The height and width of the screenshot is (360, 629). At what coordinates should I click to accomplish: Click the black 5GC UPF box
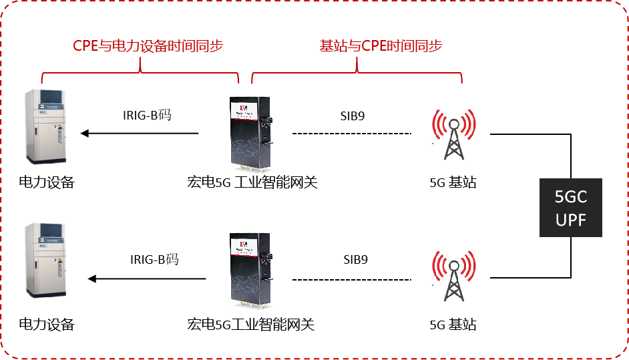(x=571, y=208)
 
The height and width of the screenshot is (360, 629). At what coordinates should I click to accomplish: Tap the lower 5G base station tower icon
(x=454, y=276)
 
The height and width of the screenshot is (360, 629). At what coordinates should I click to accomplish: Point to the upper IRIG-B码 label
(x=146, y=116)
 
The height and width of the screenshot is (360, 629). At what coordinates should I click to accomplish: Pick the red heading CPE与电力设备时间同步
(x=148, y=45)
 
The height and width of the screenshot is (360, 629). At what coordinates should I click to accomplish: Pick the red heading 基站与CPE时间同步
(x=381, y=45)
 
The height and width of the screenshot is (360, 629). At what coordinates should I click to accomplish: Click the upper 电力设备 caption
(x=46, y=182)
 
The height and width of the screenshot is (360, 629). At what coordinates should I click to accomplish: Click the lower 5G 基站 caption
(x=453, y=325)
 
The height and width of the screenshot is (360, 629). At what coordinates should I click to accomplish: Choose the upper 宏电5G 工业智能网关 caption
(x=252, y=182)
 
